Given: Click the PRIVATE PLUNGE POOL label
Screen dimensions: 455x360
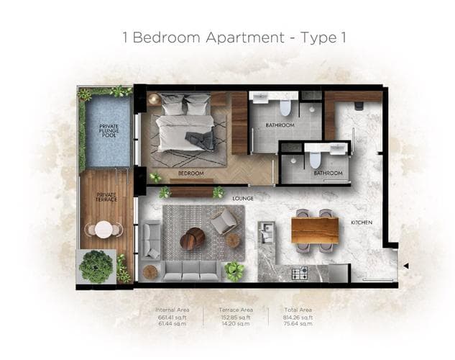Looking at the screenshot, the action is pos(109,131).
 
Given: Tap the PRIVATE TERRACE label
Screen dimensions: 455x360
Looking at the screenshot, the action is pos(106,197).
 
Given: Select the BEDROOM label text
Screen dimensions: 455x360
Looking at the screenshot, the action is pos(190,174).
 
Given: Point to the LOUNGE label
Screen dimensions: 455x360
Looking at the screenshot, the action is pos(243,199).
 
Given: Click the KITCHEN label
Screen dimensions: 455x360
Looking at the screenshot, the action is pos(362,222).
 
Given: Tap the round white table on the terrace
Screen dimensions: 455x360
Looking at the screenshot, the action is pos(104,230).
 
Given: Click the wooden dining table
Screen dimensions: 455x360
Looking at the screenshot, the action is pos(315,230).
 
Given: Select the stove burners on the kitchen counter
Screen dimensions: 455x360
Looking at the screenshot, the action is pos(300,274).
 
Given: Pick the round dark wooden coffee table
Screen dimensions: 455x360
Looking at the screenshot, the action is pos(193,238).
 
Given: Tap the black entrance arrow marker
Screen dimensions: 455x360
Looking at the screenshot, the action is pos(406,266).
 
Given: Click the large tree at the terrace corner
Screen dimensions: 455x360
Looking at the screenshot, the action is pos(96,266).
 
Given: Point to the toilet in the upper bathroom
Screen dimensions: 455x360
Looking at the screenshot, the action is pos(285,107).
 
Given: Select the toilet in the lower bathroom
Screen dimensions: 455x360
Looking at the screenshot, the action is pos(316,160).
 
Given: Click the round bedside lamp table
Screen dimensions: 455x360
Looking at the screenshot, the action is pos(154,99).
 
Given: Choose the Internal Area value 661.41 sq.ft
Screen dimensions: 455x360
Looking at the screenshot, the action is pos(173,318).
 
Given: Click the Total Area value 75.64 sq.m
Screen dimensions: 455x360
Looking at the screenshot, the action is pos(298,324).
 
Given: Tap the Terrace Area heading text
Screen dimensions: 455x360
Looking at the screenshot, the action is pos(236,310).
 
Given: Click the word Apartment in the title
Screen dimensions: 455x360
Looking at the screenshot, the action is pos(245,37).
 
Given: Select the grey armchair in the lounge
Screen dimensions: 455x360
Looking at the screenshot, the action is pos(223,222).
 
